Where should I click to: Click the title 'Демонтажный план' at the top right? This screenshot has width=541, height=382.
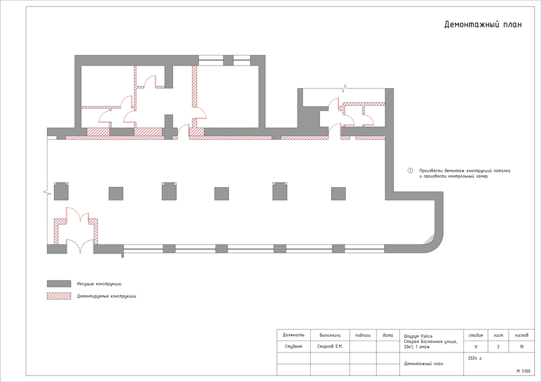(x=483, y=25)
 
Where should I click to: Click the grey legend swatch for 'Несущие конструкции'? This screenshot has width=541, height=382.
(x=59, y=283)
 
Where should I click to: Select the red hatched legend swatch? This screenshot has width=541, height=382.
(x=59, y=296)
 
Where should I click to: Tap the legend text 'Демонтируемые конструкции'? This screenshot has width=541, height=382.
(x=106, y=296)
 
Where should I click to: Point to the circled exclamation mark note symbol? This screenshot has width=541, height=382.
(x=410, y=171)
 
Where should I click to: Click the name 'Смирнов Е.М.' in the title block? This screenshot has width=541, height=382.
(x=330, y=347)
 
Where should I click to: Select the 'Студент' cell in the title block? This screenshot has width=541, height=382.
(x=293, y=347)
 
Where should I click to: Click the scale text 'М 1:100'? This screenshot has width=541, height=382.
(x=524, y=371)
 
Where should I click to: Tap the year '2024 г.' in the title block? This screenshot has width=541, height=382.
(x=475, y=358)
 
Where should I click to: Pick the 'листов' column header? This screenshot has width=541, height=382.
(x=521, y=335)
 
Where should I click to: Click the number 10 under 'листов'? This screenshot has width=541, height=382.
(x=521, y=347)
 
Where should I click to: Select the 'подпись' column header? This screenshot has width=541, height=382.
(x=363, y=335)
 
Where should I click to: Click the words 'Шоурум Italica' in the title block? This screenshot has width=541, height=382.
(x=418, y=336)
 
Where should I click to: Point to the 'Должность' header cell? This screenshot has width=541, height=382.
(x=293, y=335)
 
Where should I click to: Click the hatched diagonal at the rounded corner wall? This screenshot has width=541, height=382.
(x=430, y=239)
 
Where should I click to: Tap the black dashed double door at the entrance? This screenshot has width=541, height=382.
(x=80, y=245)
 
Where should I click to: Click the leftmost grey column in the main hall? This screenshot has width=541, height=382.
(x=61, y=192)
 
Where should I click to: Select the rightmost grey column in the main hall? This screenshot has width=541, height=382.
(x=338, y=194)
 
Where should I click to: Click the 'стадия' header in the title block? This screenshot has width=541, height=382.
(x=476, y=335)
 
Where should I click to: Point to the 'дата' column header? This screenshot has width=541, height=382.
(x=388, y=335)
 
